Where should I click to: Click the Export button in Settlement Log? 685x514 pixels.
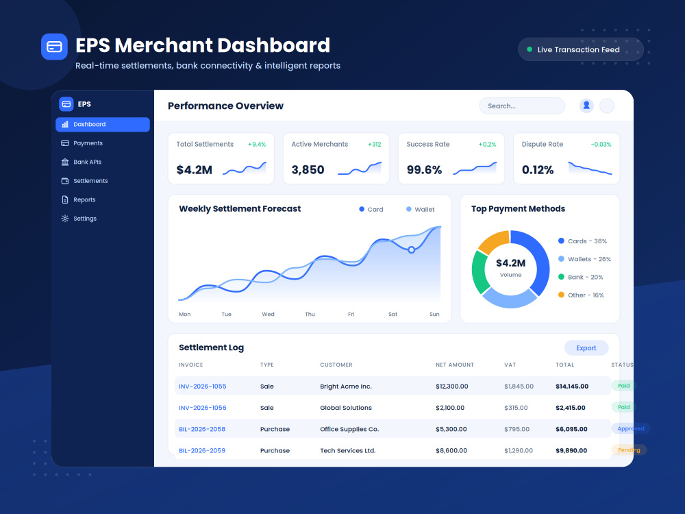coord(586,348)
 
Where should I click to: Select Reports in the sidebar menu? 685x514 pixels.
coord(79,199)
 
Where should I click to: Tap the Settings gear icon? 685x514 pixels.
coord(65,219)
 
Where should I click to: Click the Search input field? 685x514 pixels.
coord(522,106)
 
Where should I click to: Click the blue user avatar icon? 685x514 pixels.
coord(586,106)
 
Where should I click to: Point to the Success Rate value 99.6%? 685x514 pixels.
coord(424,169)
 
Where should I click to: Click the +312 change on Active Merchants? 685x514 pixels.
coord(375,144)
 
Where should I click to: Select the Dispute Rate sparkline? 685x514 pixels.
coord(590,169)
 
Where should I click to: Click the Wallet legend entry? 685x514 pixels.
coord(421,209)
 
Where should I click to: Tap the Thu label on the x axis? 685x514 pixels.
coord(310,315)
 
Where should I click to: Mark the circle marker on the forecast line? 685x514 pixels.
coord(411,250)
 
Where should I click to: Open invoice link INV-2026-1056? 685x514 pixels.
coord(203,408)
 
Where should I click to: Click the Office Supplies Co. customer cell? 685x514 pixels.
coord(349,429)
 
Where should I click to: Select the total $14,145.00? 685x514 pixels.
coord(572,387)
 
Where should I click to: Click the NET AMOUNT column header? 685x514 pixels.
coord(455,365)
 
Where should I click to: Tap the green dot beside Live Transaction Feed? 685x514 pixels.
coord(530,49)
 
